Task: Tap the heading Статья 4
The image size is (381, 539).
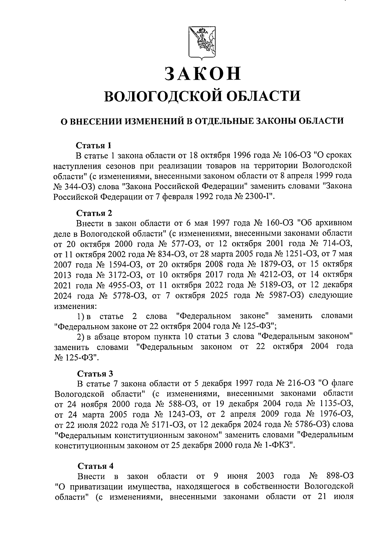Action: point(95,466)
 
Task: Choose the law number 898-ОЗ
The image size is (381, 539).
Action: point(339,476)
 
